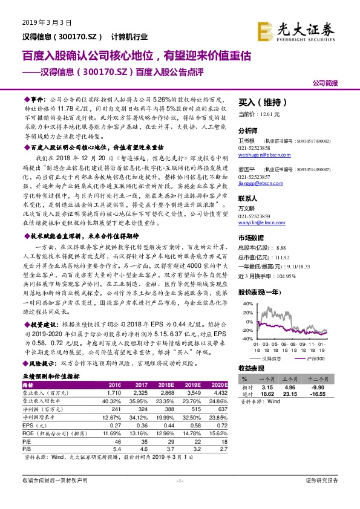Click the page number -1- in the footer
[x=179, y=480]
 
